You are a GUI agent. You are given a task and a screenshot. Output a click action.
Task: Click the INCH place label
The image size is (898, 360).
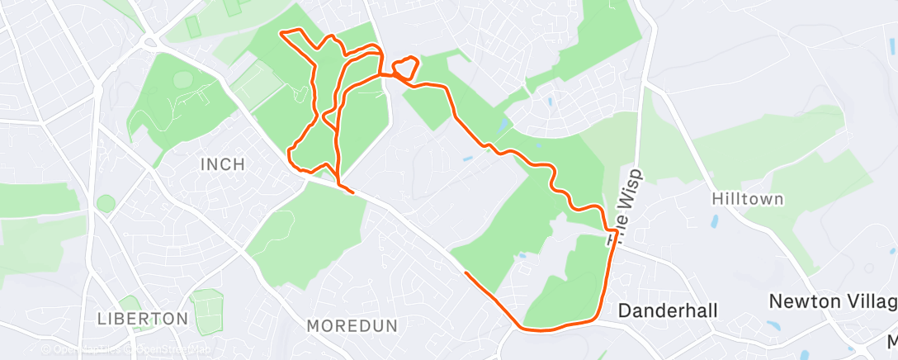pyautogui.click(x=223, y=164)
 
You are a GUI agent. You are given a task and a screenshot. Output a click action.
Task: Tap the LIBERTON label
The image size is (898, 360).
pyautogui.click(x=143, y=318)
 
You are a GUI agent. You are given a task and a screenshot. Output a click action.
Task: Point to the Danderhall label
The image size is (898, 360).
pyautogui.click(x=668, y=310)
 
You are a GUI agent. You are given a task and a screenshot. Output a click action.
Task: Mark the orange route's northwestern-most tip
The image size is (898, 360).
pyautogui.click(x=282, y=32)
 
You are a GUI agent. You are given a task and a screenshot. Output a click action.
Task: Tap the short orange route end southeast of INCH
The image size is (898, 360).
pyautogui.click(x=353, y=192)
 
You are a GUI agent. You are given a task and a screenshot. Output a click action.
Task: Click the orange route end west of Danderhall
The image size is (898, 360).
pyautogui.click(x=466, y=272)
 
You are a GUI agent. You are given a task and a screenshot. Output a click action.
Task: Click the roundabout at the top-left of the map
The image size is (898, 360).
pyautogui.click(x=149, y=42)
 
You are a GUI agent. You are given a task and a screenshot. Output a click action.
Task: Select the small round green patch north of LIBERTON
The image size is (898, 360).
pyautogui.click(x=106, y=203)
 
